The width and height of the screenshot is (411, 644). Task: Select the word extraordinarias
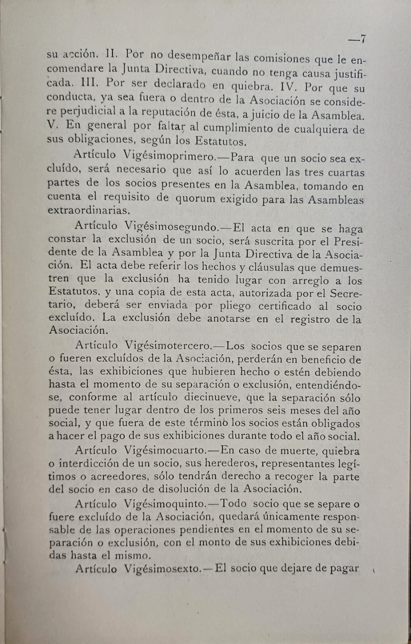88,210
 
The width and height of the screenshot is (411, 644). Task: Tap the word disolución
211,489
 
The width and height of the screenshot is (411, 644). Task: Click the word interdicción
94,464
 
